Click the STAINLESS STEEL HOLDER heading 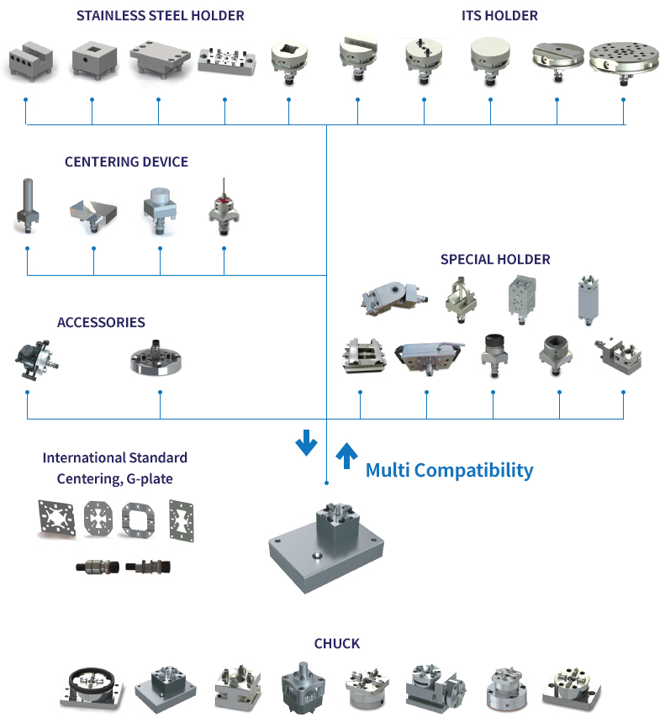[x=161, y=15]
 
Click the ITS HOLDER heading [x=499, y=15]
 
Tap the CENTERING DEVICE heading [x=126, y=161]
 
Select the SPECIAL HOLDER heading [x=495, y=259]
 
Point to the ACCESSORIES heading [x=101, y=322]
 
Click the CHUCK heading [x=336, y=643]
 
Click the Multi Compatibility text [x=449, y=470]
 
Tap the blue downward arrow [x=306, y=442]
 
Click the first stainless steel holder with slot [x=31, y=61]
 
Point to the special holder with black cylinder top [x=492, y=351]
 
